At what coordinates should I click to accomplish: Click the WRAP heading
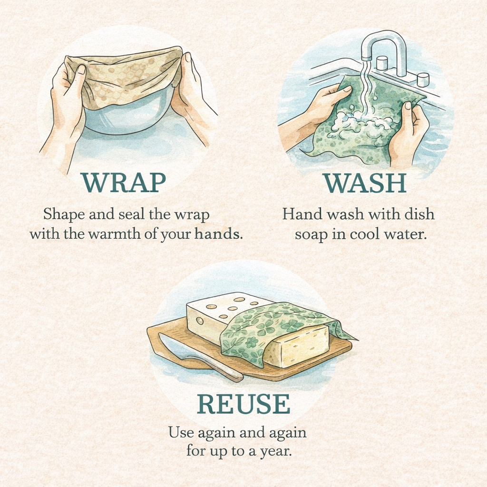[x=123, y=183]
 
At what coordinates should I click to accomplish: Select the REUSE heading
[x=243, y=404]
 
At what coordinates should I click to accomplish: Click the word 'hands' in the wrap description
[x=216, y=234]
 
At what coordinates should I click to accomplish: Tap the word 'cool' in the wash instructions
[x=363, y=234]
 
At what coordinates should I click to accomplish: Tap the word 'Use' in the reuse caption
[x=179, y=432]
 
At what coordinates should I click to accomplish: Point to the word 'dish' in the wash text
[x=420, y=214]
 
